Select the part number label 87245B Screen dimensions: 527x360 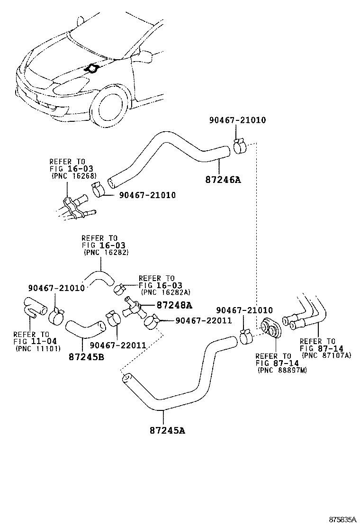[x=86, y=356]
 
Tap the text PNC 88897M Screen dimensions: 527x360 [x=282, y=370]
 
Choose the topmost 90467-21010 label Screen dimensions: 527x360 [x=237, y=120]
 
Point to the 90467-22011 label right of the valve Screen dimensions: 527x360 [x=203, y=320]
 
